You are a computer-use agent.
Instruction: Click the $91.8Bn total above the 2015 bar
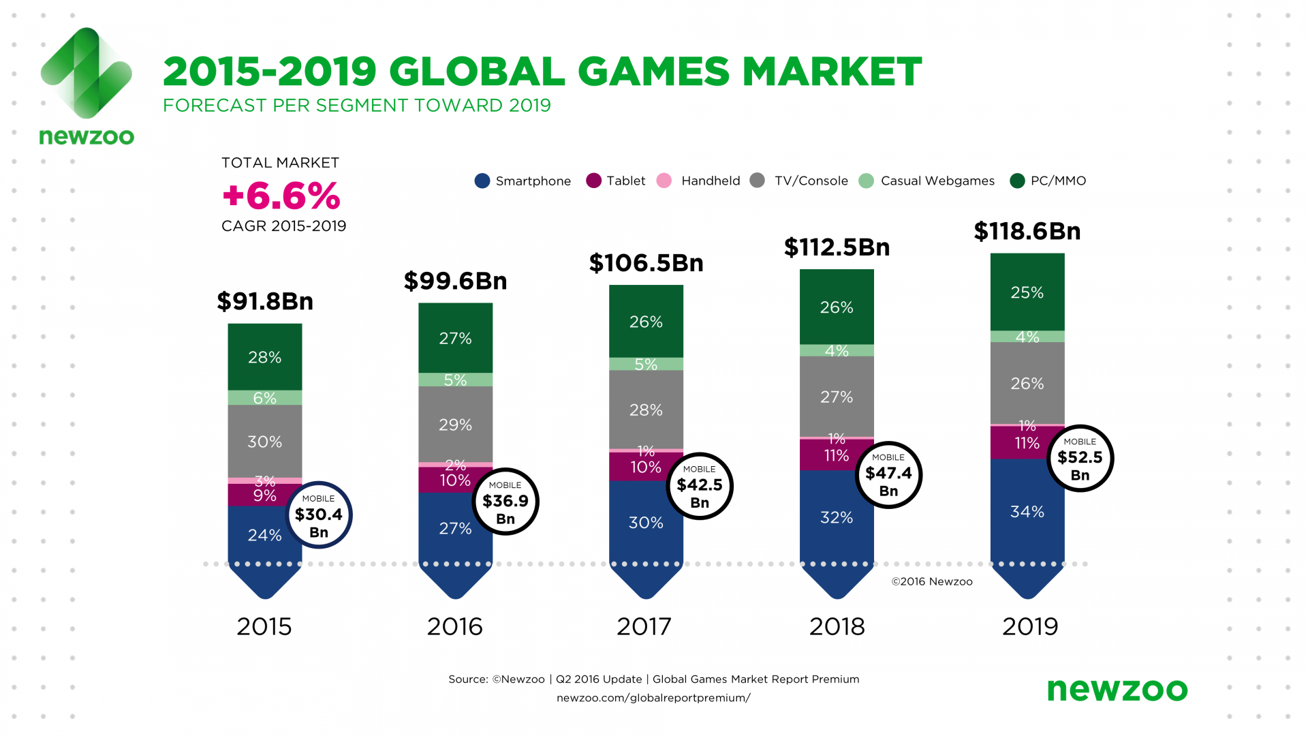click(x=265, y=301)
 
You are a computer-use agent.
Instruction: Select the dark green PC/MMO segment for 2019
click(x=1027, y=292)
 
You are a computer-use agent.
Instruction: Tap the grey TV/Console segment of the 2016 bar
click(x=455, y=424)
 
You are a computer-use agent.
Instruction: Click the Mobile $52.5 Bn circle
click(x=1080, y=458)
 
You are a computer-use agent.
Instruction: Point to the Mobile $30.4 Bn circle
click(x=319, y=515)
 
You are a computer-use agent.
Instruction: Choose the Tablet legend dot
click(x=593, y=181)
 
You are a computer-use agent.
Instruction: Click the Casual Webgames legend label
click(x=937, y=181)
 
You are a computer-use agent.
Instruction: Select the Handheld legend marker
click(x=664, y=181)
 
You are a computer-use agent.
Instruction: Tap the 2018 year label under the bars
click(x=837, y=626)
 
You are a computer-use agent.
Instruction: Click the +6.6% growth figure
click(x=281, y=196)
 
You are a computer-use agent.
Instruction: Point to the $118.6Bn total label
click(x=1027, y=232)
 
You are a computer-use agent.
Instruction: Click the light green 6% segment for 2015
click(x=265, y=398)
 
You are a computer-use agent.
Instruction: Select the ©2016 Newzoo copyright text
click(x=932, y=581)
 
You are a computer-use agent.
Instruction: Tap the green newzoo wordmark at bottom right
click(x=1117, y=690)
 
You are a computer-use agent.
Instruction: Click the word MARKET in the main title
click(x=832, y=72)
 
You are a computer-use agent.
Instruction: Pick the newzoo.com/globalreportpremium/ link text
click(x=653, y=698)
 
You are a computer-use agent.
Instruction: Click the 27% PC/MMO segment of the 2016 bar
click(x=455, y=338)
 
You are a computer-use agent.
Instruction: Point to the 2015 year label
click(x=264, y=626)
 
